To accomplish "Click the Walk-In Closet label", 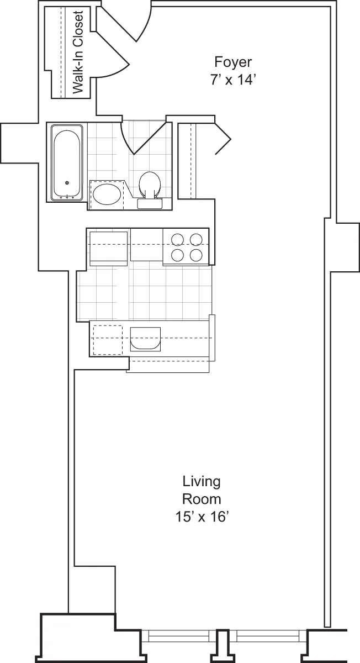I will tap(78, 52).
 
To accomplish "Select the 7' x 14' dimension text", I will tap(234, 80).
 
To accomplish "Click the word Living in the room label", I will tap(202, 481).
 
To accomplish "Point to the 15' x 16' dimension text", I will tap(202, 517).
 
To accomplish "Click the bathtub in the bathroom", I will tap(67, 162).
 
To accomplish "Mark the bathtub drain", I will tap(67, 183).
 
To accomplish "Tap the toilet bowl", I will tap(149, 183).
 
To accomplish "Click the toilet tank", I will tap(149, 203).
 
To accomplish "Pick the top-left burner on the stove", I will tap(177, 240).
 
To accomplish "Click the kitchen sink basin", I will tap(145, 339).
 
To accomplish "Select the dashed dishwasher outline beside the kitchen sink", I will tap(107, 339).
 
